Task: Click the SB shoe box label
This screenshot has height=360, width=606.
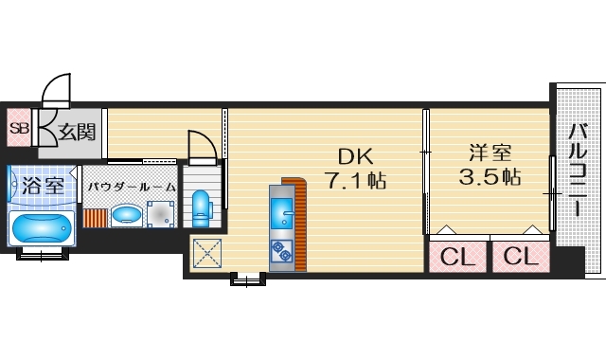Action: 18,129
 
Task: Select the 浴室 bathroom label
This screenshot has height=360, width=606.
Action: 42,184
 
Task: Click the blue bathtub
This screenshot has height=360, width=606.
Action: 41,228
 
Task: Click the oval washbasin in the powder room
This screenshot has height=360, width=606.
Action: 125,214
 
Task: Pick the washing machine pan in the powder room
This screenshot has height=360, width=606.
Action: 158,214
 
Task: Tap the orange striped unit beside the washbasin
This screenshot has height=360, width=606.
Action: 96,215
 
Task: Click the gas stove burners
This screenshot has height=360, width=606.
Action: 282,251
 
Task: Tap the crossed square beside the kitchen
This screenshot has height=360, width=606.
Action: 205,254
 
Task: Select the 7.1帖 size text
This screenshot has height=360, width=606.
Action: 355,180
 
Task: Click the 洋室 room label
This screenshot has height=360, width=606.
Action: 489,152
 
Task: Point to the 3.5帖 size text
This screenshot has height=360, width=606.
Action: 489,176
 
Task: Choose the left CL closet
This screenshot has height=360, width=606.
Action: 458,257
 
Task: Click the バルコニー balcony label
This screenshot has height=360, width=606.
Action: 577,175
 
